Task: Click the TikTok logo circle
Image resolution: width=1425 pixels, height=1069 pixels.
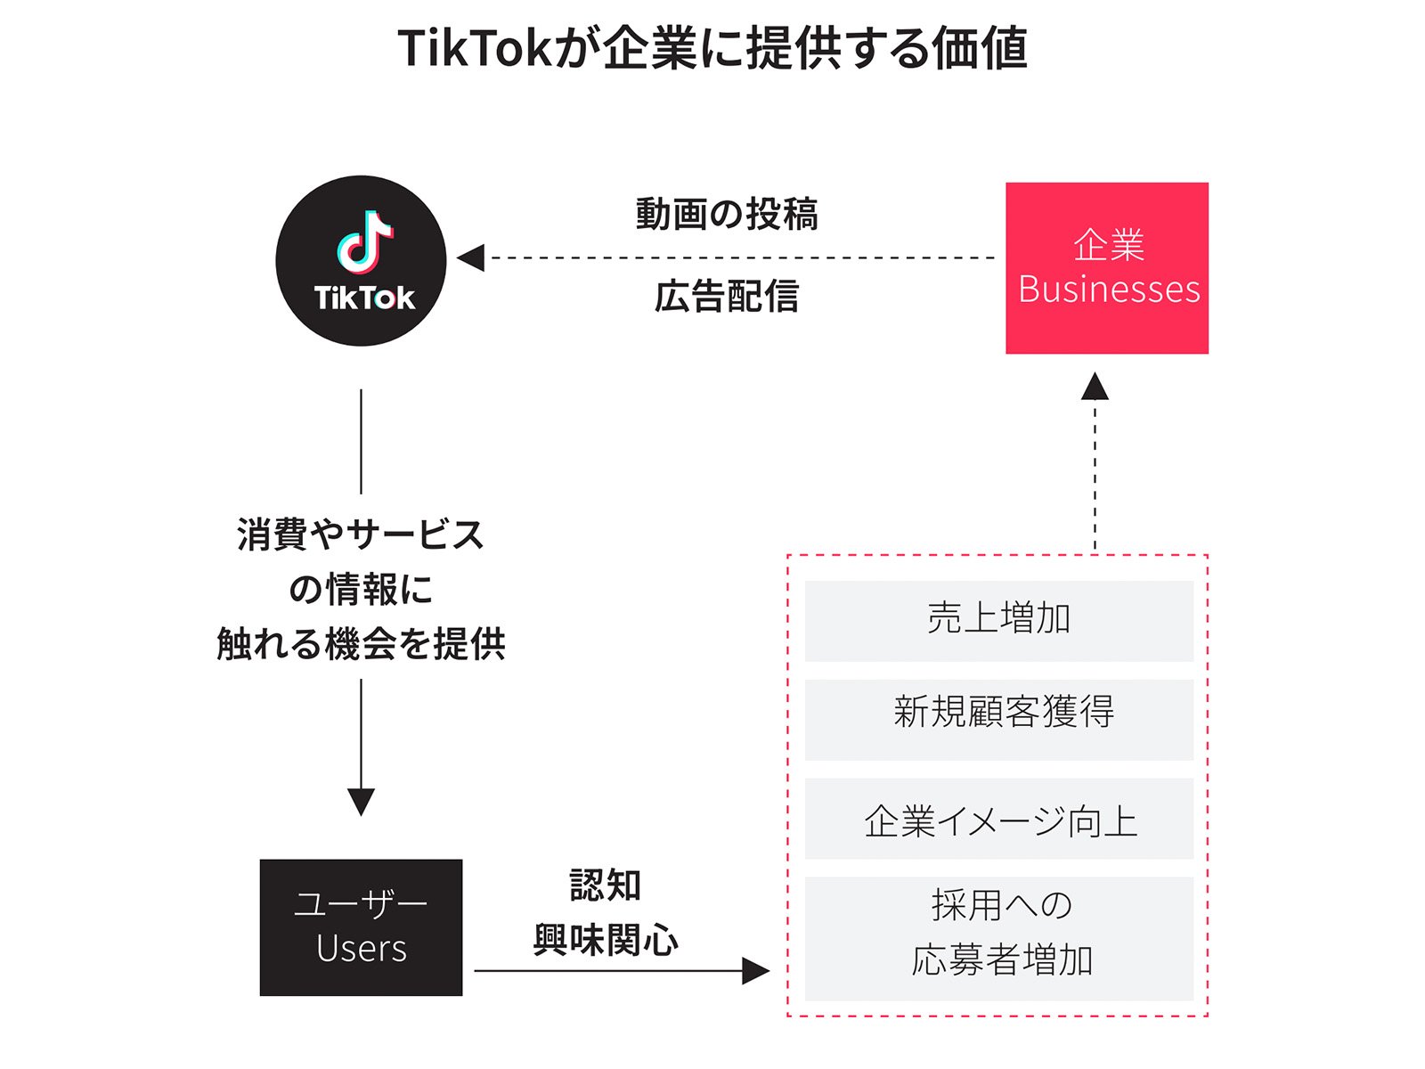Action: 361,261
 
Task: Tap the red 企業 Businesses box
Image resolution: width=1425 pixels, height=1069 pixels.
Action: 1107,268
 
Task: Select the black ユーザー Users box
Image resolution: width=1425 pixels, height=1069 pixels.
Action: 361,927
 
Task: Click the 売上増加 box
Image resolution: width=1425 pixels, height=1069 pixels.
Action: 998,621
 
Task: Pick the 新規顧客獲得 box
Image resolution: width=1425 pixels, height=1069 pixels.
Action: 998,720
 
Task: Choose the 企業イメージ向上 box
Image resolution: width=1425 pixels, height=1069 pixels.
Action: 998,819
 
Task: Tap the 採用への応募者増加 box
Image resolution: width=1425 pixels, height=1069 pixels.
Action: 998,938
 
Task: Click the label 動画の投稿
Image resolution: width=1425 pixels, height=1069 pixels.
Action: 727,215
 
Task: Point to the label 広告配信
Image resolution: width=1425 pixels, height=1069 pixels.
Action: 727,297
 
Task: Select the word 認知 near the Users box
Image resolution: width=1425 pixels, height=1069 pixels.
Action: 606,885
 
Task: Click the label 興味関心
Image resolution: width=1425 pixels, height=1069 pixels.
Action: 606,940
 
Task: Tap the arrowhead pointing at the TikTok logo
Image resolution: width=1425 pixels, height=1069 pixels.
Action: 470,257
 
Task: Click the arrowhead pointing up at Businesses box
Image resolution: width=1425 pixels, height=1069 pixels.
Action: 1095,387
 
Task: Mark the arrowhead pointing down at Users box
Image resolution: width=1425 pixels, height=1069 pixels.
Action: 361,802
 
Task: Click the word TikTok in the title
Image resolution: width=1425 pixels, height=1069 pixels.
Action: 476,48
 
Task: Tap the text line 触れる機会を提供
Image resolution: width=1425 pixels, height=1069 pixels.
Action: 361,643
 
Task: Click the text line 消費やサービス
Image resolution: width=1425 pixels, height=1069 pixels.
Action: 361,535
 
